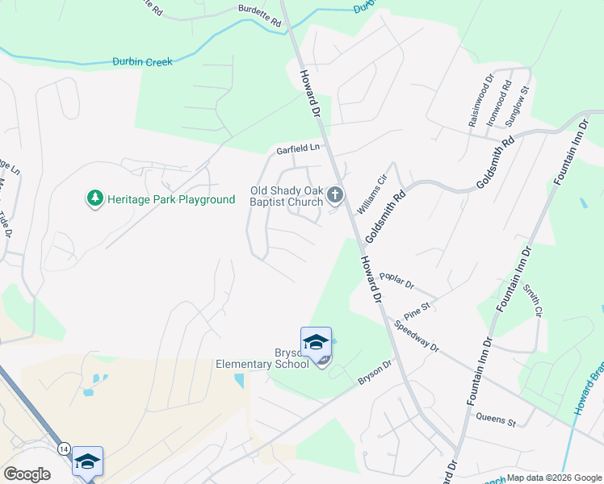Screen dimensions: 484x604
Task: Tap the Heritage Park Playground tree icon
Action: [x=95, y=198]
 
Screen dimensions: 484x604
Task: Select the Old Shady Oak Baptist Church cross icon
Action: [x=335, y=195]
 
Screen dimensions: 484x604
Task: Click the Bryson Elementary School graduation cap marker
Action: [x=316, y=341]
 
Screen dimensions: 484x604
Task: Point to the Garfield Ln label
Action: [x=298, y=148]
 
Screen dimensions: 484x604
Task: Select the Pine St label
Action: [x=417, y=307]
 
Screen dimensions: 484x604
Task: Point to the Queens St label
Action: [x=496, y=419]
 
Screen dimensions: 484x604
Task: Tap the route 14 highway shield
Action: [x=64, y=448]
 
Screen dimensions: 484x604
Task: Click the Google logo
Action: [x=27, y=474]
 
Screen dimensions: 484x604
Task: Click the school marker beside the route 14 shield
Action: [x=87, y=461]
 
